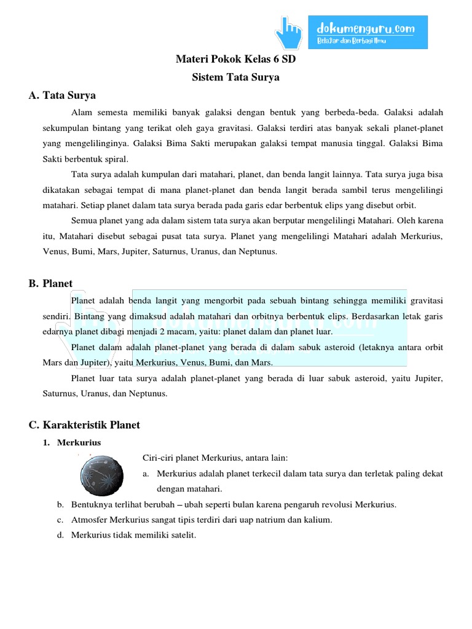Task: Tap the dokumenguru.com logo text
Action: click(x=365, y=28)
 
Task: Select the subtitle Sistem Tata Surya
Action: click(x=235, y=77)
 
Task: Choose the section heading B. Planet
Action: click(x=50, y=283)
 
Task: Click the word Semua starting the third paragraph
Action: click(x=85, y=220)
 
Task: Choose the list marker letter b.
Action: click(x=60, y=505)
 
